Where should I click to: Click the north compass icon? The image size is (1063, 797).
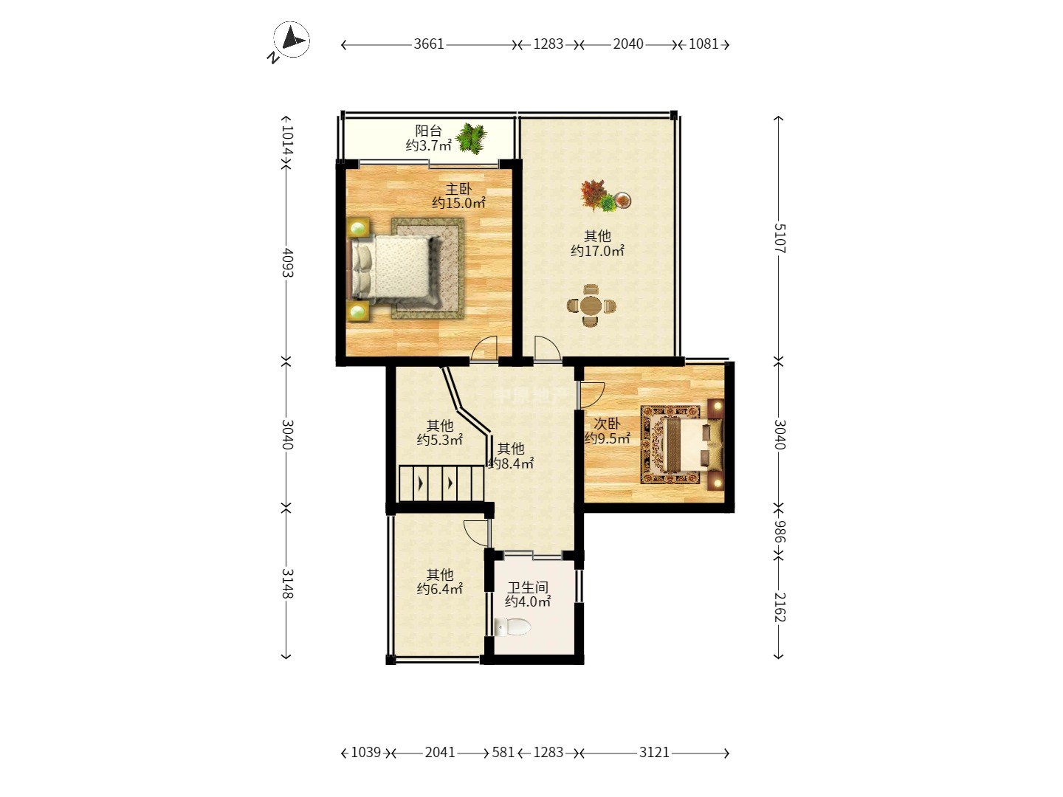[291, 40]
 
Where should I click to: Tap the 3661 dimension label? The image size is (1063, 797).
[429, 44]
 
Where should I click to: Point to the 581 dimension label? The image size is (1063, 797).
[503, 753]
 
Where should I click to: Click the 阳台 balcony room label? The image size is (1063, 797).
[429, 131]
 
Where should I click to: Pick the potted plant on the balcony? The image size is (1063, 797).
[471, 139]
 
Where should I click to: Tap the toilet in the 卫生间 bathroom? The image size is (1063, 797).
[512, 627]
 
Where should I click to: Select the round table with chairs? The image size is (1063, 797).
[591, 306]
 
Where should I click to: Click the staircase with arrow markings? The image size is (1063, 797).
[441, 483]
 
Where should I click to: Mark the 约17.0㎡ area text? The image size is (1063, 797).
[597, 251]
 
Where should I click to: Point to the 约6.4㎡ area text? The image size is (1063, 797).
[440, 589]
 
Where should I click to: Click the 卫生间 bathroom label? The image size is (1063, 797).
[528, 588]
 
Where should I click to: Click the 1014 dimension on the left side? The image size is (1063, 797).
[287, 141]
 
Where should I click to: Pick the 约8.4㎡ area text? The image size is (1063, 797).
[511, 463]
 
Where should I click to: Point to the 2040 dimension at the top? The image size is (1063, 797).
[628, 44]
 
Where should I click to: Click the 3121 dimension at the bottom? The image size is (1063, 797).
[654, 753]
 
